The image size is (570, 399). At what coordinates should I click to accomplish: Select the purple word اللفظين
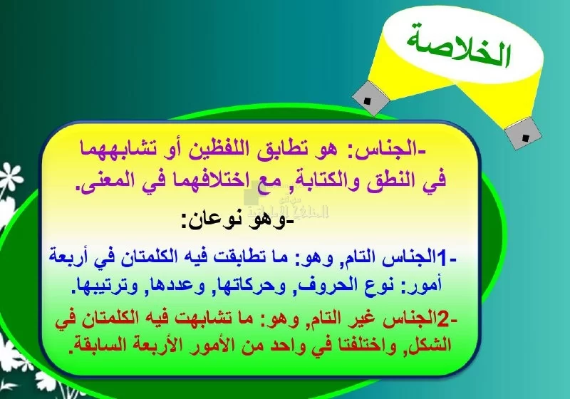[217, 149]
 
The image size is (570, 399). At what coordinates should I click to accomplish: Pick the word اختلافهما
[194, 180]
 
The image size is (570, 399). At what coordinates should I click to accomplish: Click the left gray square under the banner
[368, 98]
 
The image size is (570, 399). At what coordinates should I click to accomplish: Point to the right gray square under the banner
[524, 133]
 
